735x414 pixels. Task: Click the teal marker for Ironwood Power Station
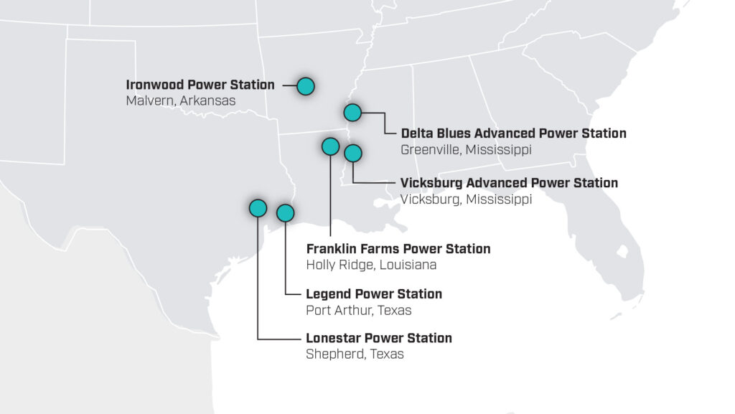point(306,86)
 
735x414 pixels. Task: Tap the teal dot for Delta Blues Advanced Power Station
point(352,112)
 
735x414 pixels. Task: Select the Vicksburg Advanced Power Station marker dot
point(353,153)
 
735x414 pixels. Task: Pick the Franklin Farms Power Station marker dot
point(330,146)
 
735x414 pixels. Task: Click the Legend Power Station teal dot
point(285,212)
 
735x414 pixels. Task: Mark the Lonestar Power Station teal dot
point(258,208)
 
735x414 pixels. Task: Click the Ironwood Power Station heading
point(200,85)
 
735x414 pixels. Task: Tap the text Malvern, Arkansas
point(181,101)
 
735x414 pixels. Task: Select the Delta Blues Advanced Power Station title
point(513,133)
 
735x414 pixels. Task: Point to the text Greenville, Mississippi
point(466,150)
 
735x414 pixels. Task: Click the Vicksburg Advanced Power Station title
point(509,183)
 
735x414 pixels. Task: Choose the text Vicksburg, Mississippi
point(466,199)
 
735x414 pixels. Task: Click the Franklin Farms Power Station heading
point(398,249)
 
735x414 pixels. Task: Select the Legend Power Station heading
point(374,294)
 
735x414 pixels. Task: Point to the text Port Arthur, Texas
point(359,311)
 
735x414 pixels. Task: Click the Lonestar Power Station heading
point(379,338)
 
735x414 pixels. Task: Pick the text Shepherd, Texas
point(355,354)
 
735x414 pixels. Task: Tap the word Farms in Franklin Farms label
point(381,249)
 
